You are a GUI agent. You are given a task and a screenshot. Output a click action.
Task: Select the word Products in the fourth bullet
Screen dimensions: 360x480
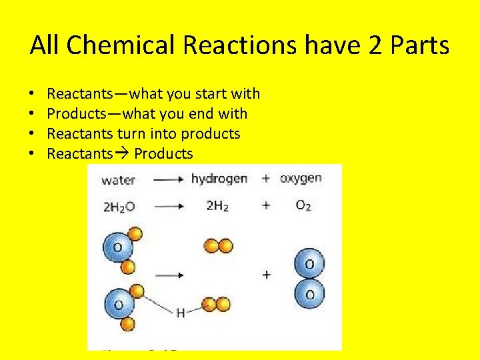click(x=163, y=154)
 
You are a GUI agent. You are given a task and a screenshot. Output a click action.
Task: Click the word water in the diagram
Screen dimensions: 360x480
click(x=119, y=180)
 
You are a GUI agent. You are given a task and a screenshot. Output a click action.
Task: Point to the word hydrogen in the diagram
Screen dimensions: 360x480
click(x=219, y=179)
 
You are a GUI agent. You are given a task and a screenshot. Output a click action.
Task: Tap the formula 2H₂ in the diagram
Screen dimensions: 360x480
click(x=217, y=206)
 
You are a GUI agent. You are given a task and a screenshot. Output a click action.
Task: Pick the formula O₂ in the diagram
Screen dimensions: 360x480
click(x=303, y=206)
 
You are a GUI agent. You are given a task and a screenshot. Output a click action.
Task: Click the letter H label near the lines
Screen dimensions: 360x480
click(x=180, y=313)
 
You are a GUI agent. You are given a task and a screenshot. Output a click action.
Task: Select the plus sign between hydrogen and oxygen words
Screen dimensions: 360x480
click(x=266, y=179)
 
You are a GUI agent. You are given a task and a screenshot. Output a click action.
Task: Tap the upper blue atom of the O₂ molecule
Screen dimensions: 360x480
click(x=310, y=264)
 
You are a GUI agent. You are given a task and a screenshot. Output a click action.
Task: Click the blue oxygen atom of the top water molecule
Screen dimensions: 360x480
click(x=117, y=248)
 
